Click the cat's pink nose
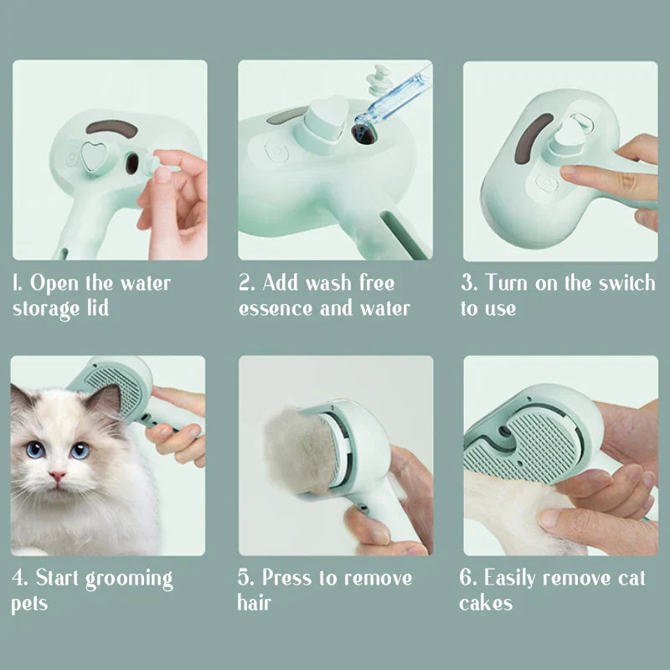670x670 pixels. [57, 475]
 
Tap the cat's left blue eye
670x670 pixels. [35, 450]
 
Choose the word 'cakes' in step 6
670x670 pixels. [486, 603]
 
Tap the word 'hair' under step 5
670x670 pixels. [255, 603]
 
